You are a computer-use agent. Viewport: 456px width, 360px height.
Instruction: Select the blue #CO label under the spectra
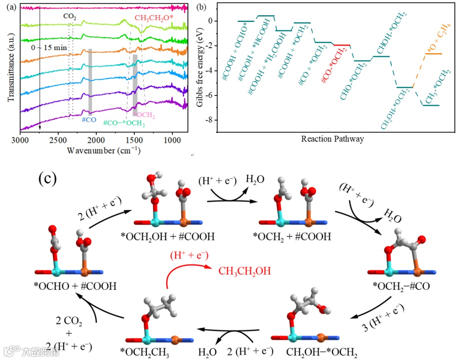click(x=89, y=120)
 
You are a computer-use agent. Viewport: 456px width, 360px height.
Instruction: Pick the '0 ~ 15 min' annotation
click(x=49, y=48)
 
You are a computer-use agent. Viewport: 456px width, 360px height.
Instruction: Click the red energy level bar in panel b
click(x=342, y=45)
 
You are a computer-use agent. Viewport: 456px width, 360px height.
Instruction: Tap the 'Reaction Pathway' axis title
click(x=332, y=139)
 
